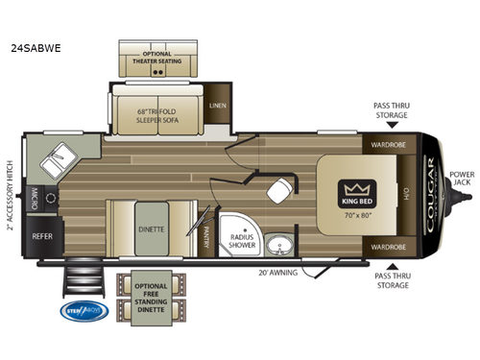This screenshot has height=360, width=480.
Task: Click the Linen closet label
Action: click(217, 107)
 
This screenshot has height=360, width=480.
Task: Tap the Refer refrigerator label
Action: click(42, 233)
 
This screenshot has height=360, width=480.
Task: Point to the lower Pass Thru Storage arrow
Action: click(391, 266)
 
